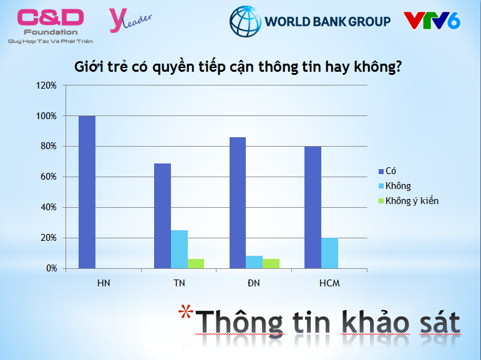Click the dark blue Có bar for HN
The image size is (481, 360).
[x=87, y=192]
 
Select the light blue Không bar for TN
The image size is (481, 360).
[x=179, y=249]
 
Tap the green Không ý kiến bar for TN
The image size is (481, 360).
[x=196, y=264]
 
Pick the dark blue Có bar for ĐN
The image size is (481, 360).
[x=238, y=203]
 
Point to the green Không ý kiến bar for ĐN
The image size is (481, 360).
[x=271, y=264]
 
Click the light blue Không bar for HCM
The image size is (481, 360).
[x=330, y=253]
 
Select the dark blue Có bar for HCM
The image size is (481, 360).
[x=313, y=208]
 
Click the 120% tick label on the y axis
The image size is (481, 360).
[x=46, y=85]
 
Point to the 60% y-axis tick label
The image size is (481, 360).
[x=49, y=177]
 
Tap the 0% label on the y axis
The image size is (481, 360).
[x=52, y=268]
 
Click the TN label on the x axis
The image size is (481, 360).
[x=179, y=283]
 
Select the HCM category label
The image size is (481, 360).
[x=329, y=283]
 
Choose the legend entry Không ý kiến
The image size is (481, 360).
[x=409, y=201]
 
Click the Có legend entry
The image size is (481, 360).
[x=387, y=171]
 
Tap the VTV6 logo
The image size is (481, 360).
[x=432, y=21]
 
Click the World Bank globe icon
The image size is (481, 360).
[x=245, y=21]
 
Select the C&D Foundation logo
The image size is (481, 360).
[x=51, y=26]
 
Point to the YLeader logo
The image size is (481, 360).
[x=130, y=20]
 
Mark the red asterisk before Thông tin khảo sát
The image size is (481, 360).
[x=186, y=311]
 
